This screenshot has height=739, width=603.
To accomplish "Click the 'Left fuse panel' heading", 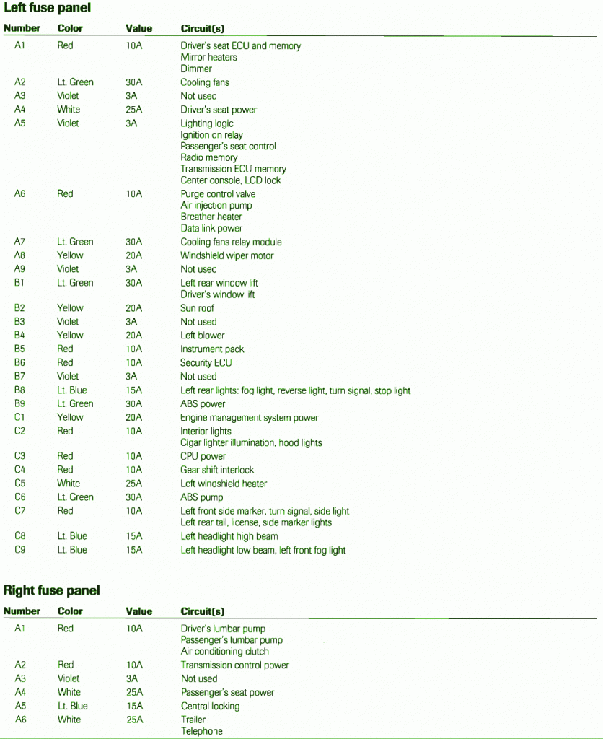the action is [x=48, y=8].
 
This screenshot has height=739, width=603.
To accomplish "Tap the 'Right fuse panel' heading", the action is [x=52, y=590].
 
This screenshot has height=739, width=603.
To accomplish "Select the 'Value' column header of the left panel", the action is [x=138, y=28].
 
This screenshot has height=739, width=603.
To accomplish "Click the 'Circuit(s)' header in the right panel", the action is [x=202, y=611].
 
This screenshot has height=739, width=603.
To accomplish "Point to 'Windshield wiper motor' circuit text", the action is [x=226, y=255].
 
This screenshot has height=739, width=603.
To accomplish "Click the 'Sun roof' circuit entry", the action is [x=197, y=308].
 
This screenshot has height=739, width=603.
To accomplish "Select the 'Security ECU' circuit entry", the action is [x=206, y=363].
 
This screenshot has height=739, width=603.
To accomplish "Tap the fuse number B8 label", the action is [x=19, y=390].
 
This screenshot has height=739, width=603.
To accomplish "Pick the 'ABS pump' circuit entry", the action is [x=201, y=497].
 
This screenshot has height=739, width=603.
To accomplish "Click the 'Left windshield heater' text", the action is [x=224, y=484].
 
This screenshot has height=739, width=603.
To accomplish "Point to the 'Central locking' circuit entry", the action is [x=210, y=707].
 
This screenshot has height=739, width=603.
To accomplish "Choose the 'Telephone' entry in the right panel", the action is [x=201, y=731].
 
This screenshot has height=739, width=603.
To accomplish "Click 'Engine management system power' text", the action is [x=249, y=418].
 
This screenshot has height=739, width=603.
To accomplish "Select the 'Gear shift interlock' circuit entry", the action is [x=217, y=470].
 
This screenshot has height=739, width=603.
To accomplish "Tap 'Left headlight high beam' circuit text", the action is [x=229, y=536].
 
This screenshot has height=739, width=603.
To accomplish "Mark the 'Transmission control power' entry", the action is [x=234, y=665].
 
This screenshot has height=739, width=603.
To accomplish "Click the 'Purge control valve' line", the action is [x=218, y=194].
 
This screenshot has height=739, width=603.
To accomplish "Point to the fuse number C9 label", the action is [x=19, y=550].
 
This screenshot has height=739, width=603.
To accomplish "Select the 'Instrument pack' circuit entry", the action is [x=212, y=349].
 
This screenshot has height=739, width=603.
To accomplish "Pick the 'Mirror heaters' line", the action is [x=208, y=57].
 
